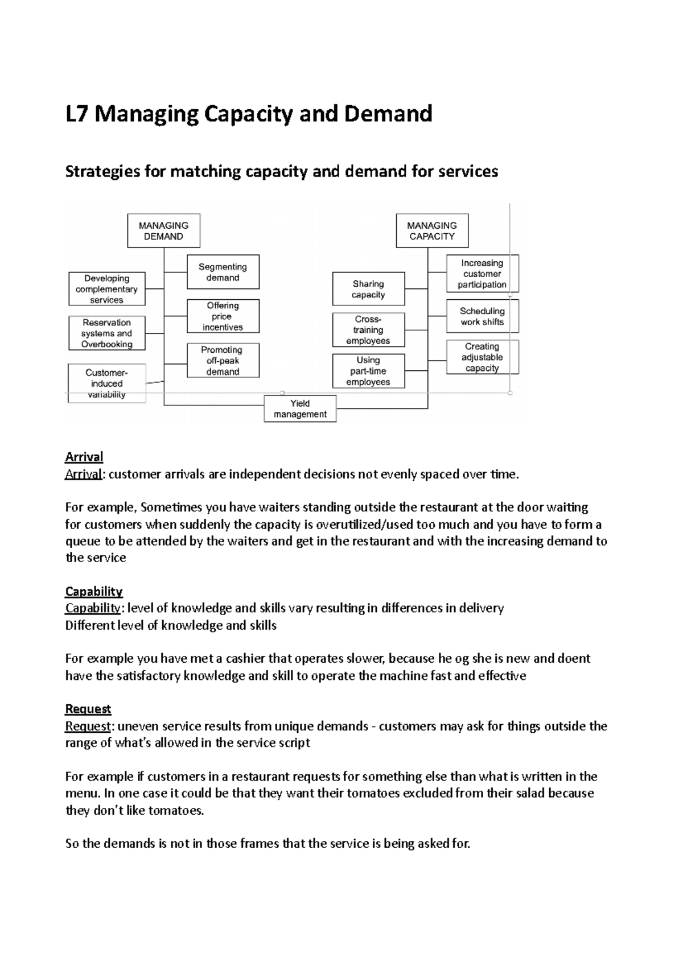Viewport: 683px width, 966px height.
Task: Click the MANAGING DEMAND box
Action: click(163, 231)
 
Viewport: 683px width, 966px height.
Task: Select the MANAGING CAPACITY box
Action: click(432, 231)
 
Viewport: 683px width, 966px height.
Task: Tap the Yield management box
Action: click(300, 408)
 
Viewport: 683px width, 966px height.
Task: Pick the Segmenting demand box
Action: click(223, 272)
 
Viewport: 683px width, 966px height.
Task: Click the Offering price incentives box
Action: click(223, 316)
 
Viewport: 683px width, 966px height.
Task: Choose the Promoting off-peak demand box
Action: click(223, 360)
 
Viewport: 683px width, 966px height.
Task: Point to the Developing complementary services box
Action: click(106, 289)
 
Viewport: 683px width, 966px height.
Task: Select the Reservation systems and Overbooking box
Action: click(106, 333)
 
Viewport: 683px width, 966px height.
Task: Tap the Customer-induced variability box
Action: click(106, 383)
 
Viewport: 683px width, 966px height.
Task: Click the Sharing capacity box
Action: click(368, 289)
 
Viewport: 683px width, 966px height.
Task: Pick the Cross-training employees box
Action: click(368, 330)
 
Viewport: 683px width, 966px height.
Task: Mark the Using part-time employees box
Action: click(368, 371)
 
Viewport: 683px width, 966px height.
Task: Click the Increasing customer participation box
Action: click(482, 274)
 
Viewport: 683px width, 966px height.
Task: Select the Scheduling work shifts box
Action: click(482, 316)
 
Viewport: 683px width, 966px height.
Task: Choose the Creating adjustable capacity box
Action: click(482, 357)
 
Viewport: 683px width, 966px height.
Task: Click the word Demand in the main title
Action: click(388, 114)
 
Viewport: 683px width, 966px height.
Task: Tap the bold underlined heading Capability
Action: click(94, 591)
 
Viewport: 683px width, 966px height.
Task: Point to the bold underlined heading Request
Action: click(88, 709)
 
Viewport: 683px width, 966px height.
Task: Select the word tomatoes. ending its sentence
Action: click(176, 811)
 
